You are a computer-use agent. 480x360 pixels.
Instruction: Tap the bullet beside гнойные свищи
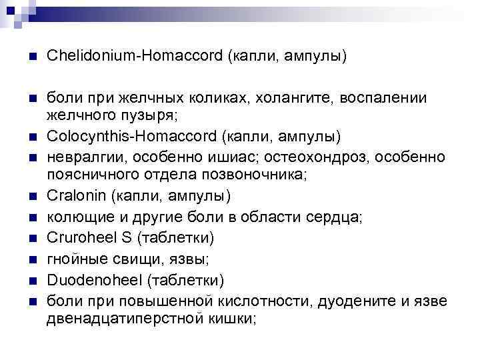click(x=25, y=258)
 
